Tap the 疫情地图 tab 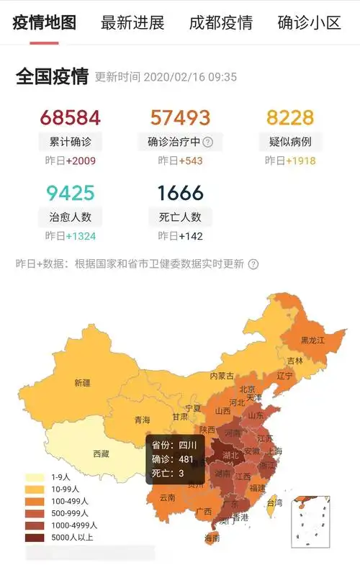point(45,22)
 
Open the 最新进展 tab point(132,22)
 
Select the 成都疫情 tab point(220,22)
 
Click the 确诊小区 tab point(309,22)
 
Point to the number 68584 point(71,118)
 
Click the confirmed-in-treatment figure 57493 point(180,118)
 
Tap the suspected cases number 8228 point(290,118)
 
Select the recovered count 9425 point(71,193)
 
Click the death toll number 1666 point(180,193)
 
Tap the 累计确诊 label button point(71,141)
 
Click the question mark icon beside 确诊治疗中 point(208,142)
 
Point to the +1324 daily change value point(81,236)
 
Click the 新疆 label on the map point(82,383)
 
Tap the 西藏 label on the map point(101,454)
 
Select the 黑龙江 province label point(313,340)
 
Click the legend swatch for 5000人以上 point(34,536)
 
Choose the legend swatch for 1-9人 point(34,477)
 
